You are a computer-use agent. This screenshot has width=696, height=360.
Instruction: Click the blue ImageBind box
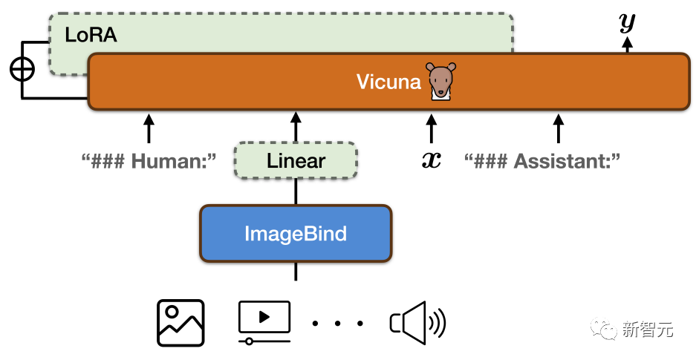pyautogui.click(x=296, y=234)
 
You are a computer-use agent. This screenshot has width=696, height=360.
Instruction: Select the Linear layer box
pyautogui.click(x=296, y=161)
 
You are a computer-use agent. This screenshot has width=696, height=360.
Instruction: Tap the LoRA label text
pyautogui.click(x=91, y=35)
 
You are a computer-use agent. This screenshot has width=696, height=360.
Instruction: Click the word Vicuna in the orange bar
pyautogui.click(x=388, y=82)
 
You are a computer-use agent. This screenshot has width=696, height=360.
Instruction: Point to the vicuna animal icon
pyautogui.click(x=440, y=80)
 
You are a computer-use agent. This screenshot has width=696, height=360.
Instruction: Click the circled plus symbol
pyautogui.click(x=22, y=69)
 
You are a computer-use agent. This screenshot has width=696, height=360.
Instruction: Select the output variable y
pyautogui.click(x=628, y=22)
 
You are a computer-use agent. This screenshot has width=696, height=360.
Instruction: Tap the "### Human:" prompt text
pyautogui.click(x=149, y=160)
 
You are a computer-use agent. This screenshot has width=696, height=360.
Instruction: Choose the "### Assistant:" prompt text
pyautogui.click(x=542, y=160)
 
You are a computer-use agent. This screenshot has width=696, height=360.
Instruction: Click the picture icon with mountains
pyautogui.click(x=180, y=322)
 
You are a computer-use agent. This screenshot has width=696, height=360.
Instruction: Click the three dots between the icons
pyautogui.click(x=338, y=324)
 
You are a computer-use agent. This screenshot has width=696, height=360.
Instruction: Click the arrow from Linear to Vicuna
pyautogui.click(x=296, y=126)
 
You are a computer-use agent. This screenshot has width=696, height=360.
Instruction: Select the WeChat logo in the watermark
pyautogui.click(x=603, y=328)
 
